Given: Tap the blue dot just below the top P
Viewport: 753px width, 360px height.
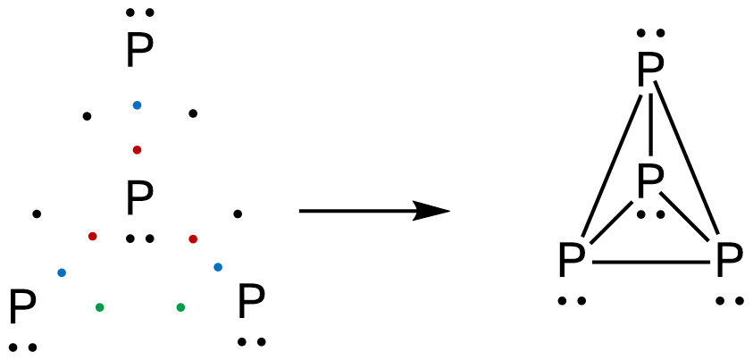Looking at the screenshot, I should pos(137,105).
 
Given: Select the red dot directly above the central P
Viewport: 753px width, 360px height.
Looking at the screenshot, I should pos(137,149).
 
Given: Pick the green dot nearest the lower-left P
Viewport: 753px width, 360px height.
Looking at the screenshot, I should pos(99,307).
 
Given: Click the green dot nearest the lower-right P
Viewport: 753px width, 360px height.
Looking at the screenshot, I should pos(180,307).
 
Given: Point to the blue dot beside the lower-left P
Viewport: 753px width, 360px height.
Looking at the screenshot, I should pos(61,272).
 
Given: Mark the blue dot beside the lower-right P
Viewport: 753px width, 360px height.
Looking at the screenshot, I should pos(218,267).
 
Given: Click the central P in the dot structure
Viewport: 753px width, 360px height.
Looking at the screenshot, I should pos(138,198).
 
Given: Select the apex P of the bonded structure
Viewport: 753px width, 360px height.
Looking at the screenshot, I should pos(650,71).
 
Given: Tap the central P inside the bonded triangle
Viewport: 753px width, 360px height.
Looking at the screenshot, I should pos(650,181).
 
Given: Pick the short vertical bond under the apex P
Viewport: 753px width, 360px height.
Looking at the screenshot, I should pos(650,125).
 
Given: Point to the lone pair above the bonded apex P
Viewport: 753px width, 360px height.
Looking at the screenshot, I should pos(650,34).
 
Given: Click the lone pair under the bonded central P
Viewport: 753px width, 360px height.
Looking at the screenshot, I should pos(650,214).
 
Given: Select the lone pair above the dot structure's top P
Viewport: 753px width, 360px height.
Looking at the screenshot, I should pos(139,13).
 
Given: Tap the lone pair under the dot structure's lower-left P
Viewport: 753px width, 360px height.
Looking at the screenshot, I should pos(22,347).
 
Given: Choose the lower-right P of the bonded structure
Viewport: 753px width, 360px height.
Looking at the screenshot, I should pos(729,263).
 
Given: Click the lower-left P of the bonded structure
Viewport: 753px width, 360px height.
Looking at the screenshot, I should pos(571,263).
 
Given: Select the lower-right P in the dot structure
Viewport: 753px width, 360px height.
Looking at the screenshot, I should pos(251,304).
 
